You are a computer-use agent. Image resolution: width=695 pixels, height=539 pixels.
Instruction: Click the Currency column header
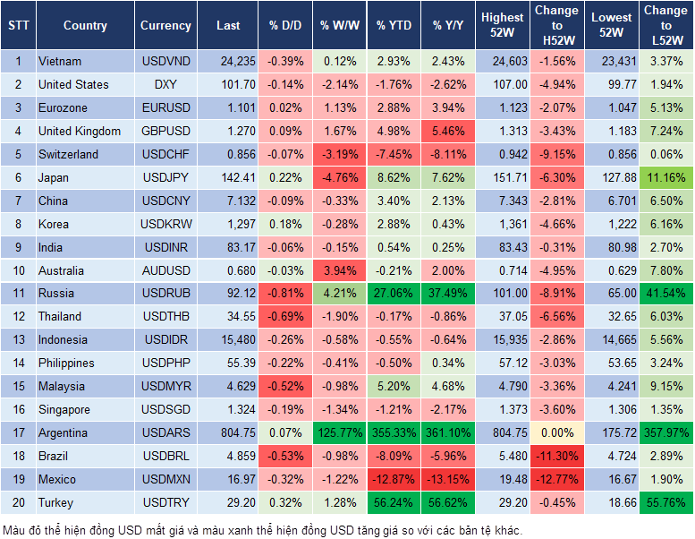pos(165,26)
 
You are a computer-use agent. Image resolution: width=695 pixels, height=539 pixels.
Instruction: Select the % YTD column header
pos(394,26)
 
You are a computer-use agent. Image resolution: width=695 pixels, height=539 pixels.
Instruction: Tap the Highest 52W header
pos(503,26)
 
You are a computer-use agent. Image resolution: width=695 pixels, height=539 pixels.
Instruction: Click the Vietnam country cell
pos(60,62)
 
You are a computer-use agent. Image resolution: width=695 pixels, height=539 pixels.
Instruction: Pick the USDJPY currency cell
pos(165,178)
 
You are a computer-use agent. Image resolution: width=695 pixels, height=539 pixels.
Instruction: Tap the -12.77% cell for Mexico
pos(556,480)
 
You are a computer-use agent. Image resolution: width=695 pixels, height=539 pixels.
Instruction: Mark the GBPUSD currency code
pos(165,132)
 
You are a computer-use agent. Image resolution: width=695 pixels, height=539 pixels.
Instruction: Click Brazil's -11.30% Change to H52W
pos(556,457)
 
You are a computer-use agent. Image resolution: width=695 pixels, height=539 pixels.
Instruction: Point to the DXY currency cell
pos(165,85)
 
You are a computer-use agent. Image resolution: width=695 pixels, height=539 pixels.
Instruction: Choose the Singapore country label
pos(64,410)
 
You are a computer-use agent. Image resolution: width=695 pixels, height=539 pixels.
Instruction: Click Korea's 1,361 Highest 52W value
pos(503,224)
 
